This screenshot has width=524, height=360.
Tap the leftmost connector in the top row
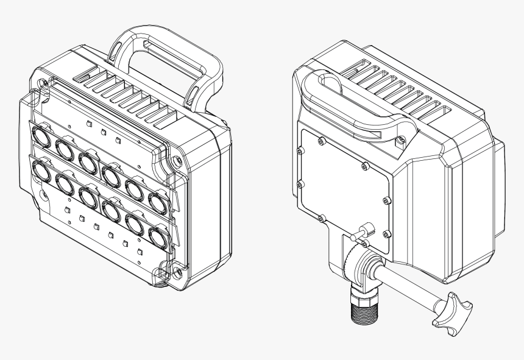(41, 135)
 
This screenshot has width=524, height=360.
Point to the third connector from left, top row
(87, 161)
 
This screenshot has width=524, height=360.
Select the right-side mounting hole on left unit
(175, 161)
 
